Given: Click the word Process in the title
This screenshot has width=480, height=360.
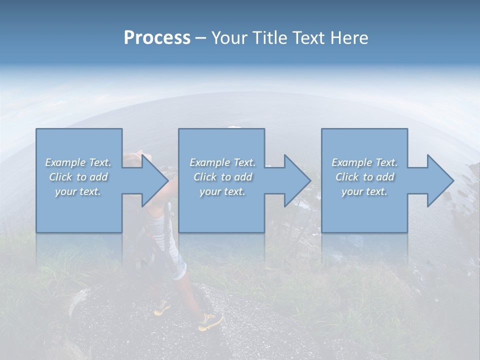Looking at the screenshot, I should pyautogui.click(x=157, y=38).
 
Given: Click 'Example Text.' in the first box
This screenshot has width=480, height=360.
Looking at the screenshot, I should pyautogui.click(x=78, y=162).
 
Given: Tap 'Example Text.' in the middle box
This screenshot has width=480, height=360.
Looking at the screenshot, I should pyautogui.click(x=222, y=162).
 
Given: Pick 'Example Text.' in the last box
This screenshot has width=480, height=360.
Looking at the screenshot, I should pyautogui.click(x=364, y=162).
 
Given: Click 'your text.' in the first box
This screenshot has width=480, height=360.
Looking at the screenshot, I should pyautogui.click(x=78, y=191).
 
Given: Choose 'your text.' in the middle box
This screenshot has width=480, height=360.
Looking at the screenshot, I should pyautogui.click(x=222, y=191).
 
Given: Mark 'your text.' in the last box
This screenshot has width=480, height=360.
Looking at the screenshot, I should pyautogui.click(x=364, y=191).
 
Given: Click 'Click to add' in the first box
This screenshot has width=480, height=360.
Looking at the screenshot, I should pyautogui.click(x=78, y=177).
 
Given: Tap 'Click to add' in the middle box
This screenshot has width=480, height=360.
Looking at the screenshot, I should pyautogui.click(x=222, y=177).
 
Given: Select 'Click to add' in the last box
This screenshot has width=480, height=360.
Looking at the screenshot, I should pyautogui.click(x=364, y=177).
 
